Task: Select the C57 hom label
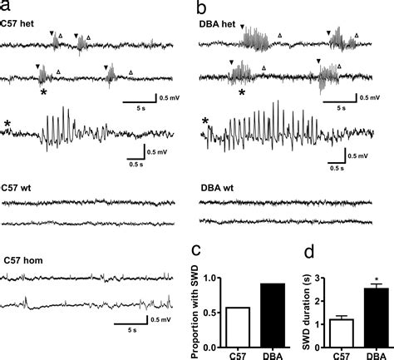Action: [x=22, y=261]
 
